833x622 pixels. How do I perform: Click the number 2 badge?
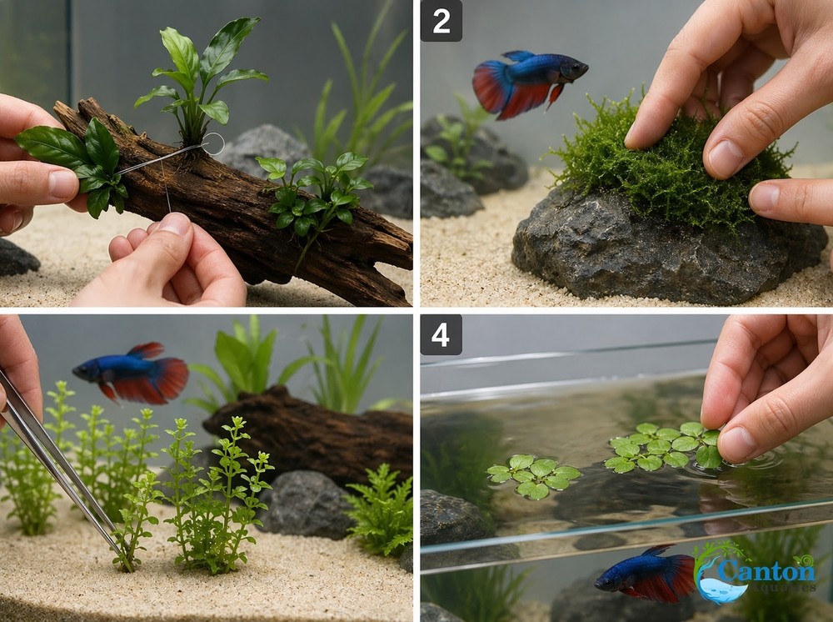pos(441,21)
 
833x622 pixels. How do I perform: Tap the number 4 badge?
pos(441,334)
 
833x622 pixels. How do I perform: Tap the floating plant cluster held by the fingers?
pos(662,446)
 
